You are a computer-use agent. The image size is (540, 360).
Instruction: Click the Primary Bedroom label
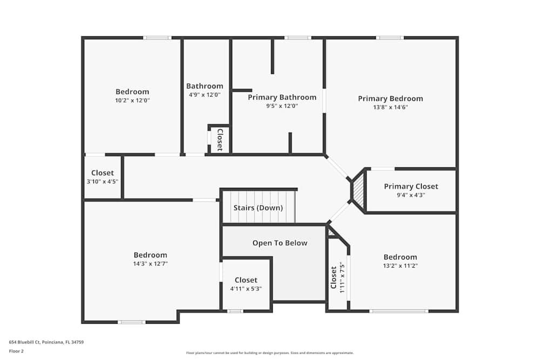pos(390,98)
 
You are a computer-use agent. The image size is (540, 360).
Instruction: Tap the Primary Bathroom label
pos(282,97)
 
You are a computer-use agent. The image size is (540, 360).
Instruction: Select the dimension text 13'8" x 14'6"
pos(390,107)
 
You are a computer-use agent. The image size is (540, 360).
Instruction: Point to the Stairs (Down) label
pos(258,208)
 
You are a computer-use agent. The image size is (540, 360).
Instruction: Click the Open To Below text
pos(280,243)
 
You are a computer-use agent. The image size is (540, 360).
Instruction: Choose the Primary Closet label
pos(411,186)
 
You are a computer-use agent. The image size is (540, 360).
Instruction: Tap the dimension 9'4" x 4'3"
pos(411,195)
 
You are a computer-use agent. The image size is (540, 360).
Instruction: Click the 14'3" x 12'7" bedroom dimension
pos(150,263)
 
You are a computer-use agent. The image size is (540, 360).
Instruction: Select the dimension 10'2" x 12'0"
pos(132,100)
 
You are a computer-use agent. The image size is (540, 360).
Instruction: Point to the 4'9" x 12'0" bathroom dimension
pos(205,95)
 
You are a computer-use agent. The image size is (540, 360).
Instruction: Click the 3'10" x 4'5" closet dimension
pos(103,182)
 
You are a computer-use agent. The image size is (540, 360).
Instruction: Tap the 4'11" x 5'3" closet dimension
pos(246,289)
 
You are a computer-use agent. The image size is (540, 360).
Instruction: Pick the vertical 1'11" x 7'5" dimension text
pos(342,279)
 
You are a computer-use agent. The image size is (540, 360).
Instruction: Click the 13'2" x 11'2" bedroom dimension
pos(400,266)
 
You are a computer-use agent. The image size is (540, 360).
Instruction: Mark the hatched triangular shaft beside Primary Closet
pos(359,191)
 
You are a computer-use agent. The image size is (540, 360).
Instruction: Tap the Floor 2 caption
pos(17,351)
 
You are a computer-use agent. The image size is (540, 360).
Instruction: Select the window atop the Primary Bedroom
pos(390,38)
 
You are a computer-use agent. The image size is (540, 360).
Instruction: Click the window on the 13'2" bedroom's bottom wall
pos(399,311)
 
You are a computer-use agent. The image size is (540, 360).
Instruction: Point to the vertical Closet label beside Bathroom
pos(220,139)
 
